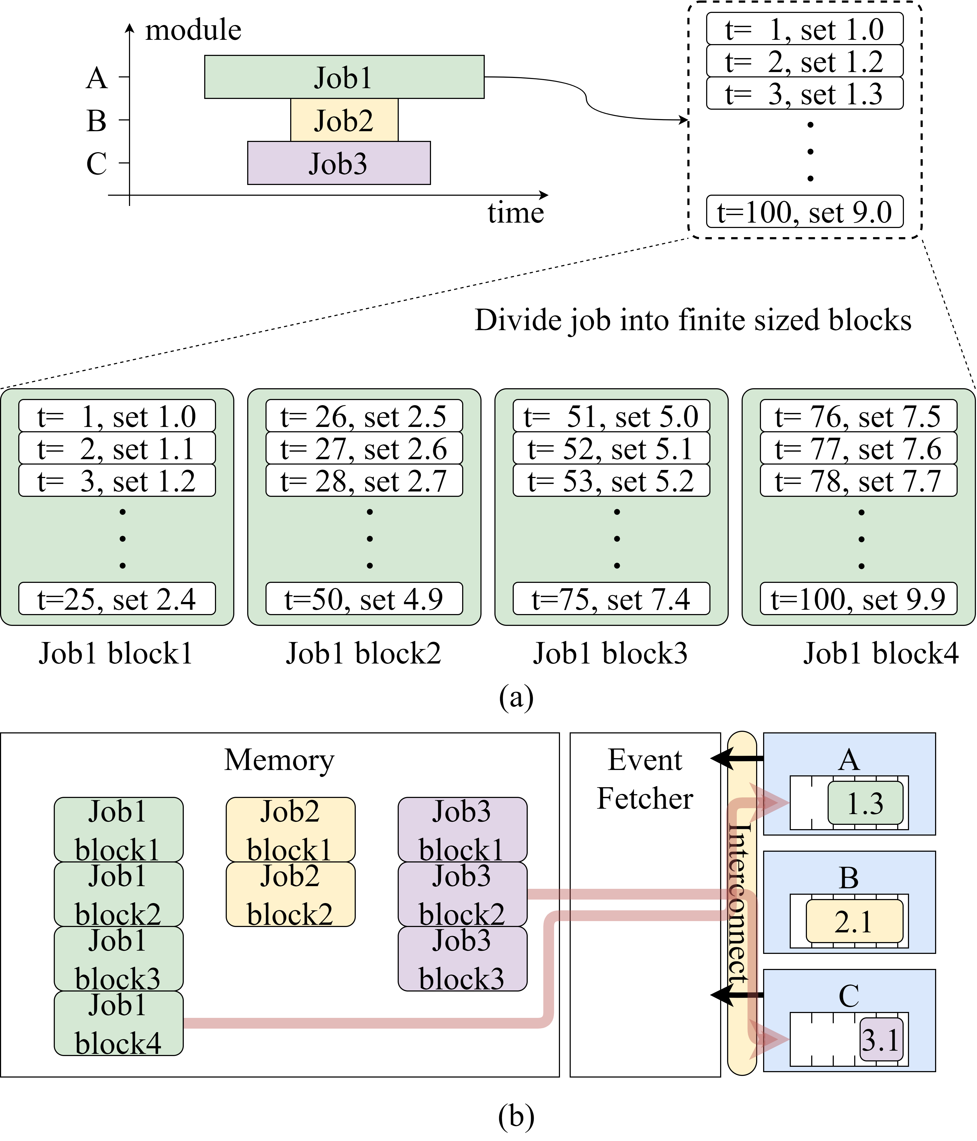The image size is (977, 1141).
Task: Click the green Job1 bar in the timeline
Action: click(344, 77)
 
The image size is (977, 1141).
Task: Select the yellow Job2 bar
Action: click(344, 120)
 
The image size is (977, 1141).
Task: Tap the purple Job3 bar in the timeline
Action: click(339, 163)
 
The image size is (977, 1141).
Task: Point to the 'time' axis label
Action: click(515, 213)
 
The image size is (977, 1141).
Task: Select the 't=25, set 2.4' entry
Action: click(117, 598)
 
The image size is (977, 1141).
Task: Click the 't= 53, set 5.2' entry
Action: click(611, 481)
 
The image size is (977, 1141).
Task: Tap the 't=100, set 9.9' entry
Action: click(858, 598)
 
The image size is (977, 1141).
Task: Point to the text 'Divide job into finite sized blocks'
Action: click(692, 320)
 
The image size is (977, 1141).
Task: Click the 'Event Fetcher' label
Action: click(645, 779)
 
